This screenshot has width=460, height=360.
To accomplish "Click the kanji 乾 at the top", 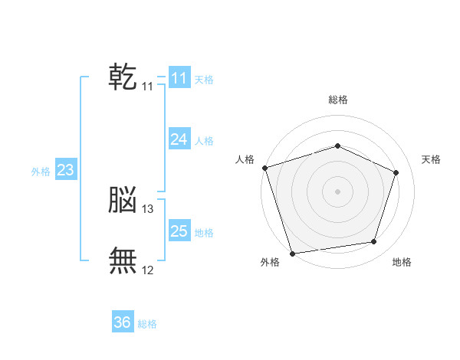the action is (x=123, y=77).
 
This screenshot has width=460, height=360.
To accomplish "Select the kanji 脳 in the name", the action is (x=123, y=199).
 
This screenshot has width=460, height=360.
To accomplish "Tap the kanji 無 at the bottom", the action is (x=123, y=260).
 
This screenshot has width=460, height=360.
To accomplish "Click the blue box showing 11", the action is (x=179, y=77).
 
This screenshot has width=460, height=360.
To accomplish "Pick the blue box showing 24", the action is (x=179, y=139).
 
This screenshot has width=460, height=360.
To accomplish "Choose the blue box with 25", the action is (x=179, y=230).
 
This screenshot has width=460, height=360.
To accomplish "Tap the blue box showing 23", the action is (x=66, y=169).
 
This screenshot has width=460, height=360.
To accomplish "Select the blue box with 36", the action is (x=123, y=321).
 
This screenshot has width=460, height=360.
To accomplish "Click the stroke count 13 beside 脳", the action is (x=147, y=209).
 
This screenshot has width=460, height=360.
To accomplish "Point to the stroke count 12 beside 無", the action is (x=147, y=270).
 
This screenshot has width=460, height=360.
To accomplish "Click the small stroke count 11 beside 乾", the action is (x=147, y=87).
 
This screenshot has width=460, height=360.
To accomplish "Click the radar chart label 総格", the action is (x=338, y=100).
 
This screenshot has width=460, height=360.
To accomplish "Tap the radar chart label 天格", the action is (x=431, y=159).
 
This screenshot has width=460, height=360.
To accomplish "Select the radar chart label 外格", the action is (x=270, y=262).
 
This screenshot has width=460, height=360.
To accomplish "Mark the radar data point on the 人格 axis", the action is (x=265, y=168).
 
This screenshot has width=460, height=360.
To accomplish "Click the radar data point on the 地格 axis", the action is (x=374, y=241).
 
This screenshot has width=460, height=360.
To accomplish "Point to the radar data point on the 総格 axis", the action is (x=337, y=146).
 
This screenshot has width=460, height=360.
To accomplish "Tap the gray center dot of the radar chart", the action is (x=337, y=191).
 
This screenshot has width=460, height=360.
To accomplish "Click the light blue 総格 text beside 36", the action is (x=147, y=324).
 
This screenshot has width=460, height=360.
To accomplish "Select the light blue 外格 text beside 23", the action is (x=41, y=172).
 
